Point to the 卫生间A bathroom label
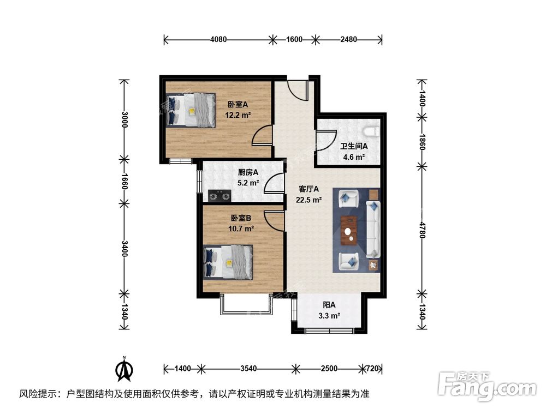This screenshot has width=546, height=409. click(354, 147)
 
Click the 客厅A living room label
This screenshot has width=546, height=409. click(308, 189)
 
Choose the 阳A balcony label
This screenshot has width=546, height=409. click(328, 305)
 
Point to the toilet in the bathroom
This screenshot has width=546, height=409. click(373, 131)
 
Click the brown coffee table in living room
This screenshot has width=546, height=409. click(348, 230)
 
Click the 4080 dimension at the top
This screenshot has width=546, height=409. click(218, 39)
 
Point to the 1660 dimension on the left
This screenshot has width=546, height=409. click(125, 181)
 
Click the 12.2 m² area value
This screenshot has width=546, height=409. click(238, 115)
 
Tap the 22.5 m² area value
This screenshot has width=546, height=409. click(309, 200)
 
